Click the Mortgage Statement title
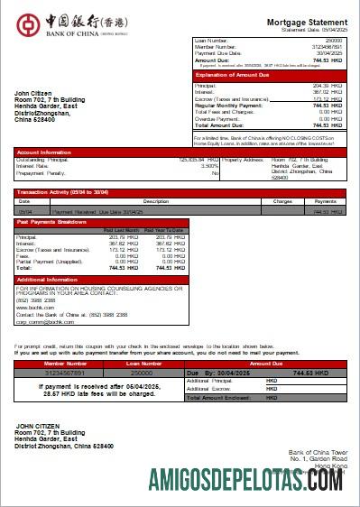[307, 22]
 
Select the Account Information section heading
[42, 152]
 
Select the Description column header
[156, 201]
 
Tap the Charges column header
[282, 201]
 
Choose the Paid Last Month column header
[121, 230]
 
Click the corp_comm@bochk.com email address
[42, 321]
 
